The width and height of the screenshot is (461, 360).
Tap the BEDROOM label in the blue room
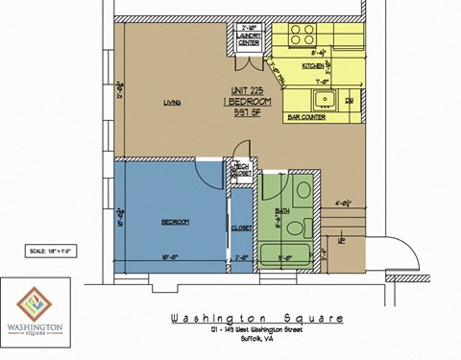(175, 222)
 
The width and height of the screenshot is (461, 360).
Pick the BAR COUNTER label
(303, 117)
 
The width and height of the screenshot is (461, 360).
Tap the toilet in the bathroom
(300, 193)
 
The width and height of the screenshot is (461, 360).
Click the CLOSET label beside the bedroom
(240, 228)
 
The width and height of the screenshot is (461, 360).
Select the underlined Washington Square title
(255, 319)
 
